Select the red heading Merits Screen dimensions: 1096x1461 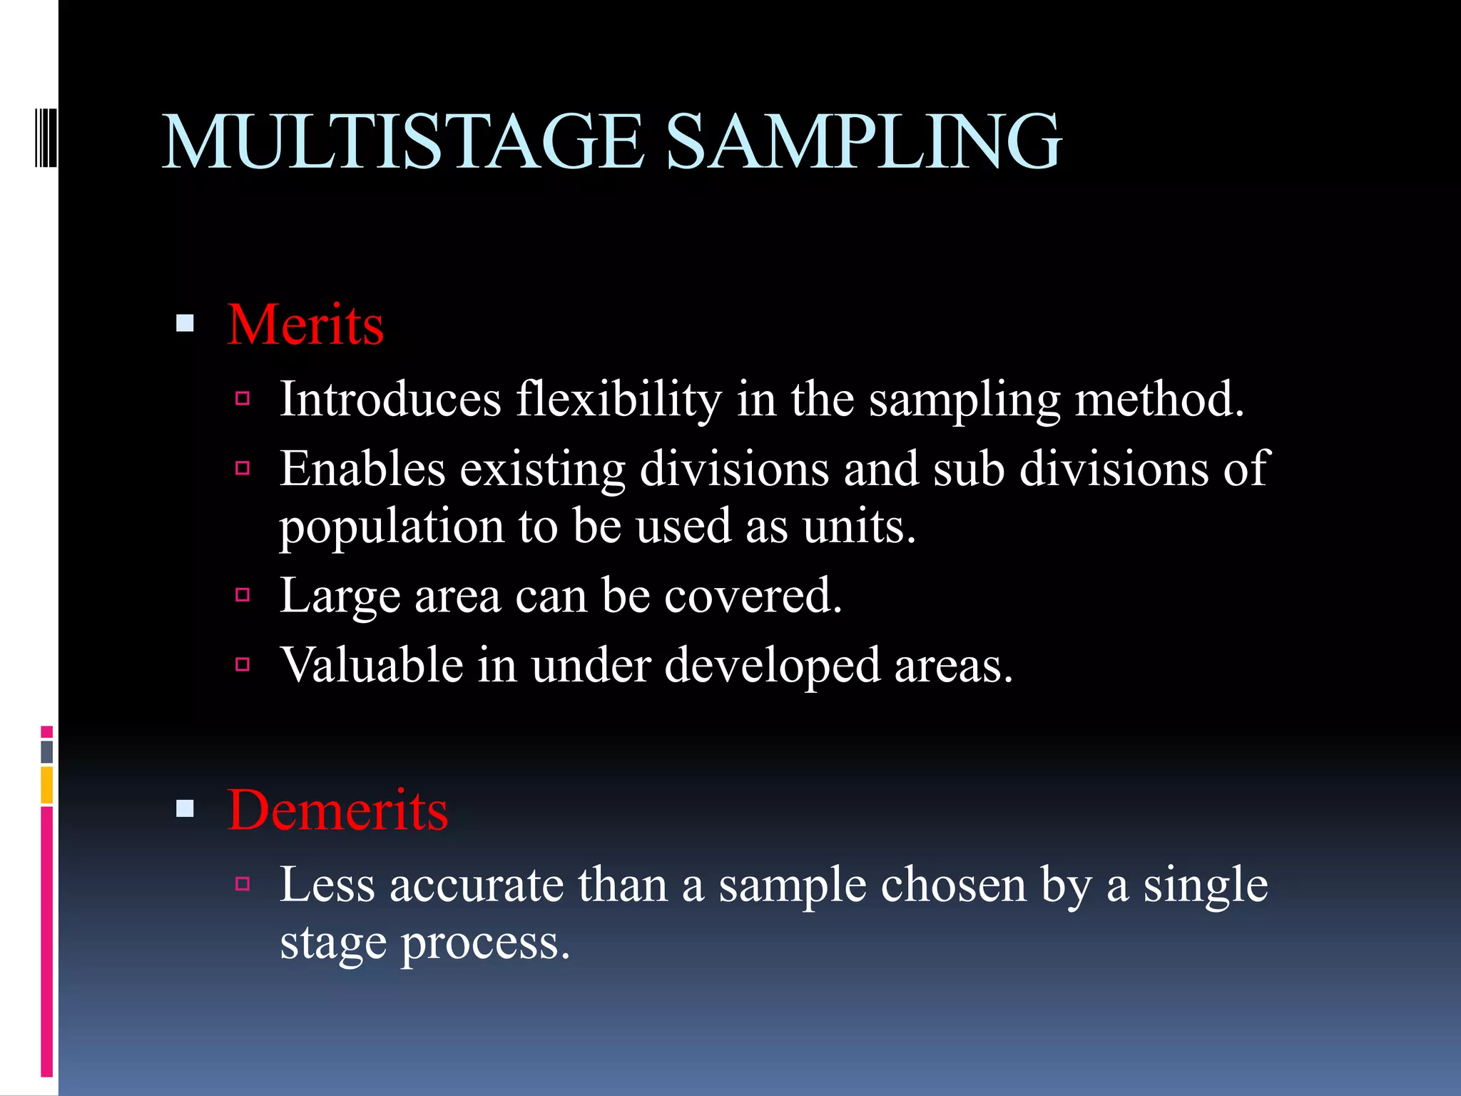tap(305, 325)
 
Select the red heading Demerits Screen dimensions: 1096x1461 tap(337, 811)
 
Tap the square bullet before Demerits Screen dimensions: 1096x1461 tap(185, 809)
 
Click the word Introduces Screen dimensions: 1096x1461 tap(390, 400)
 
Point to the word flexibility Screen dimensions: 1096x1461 tap(618, 400)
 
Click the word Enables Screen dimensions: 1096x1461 tap(362, 470)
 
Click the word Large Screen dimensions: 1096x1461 tap(340, 597)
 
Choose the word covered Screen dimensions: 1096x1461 tap(753, 597)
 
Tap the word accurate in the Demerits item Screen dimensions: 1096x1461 tap(477, 886)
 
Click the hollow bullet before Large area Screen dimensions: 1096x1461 tap(243, 595)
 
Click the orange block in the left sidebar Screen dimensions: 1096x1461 tap(46, 785)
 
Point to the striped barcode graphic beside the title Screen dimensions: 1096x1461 tap(45, 137)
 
